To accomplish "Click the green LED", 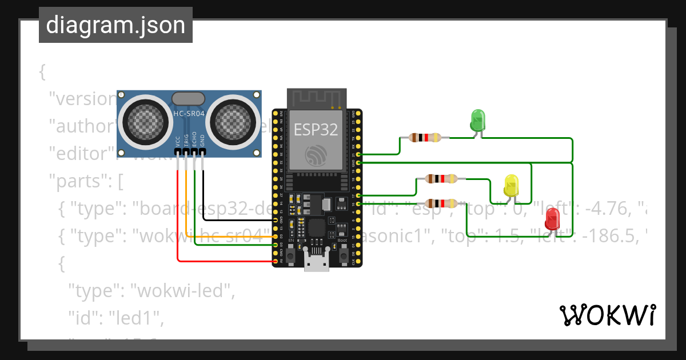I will coord(477,120).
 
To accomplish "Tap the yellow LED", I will coord(511,186).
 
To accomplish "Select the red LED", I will coord(552,219).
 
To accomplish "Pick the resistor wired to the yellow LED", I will coord(441,179).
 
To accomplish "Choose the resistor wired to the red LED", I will coord(441,203).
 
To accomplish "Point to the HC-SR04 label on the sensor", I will coord(189,114).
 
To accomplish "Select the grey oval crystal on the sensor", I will coord(188,99).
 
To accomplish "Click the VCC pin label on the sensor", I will coord(178,141).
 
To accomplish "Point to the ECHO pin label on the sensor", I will coord(194,141).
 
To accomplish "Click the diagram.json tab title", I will coord(115,25).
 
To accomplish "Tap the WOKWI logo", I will coord(607,315).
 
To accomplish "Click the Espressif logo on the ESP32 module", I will coord(316,155).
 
